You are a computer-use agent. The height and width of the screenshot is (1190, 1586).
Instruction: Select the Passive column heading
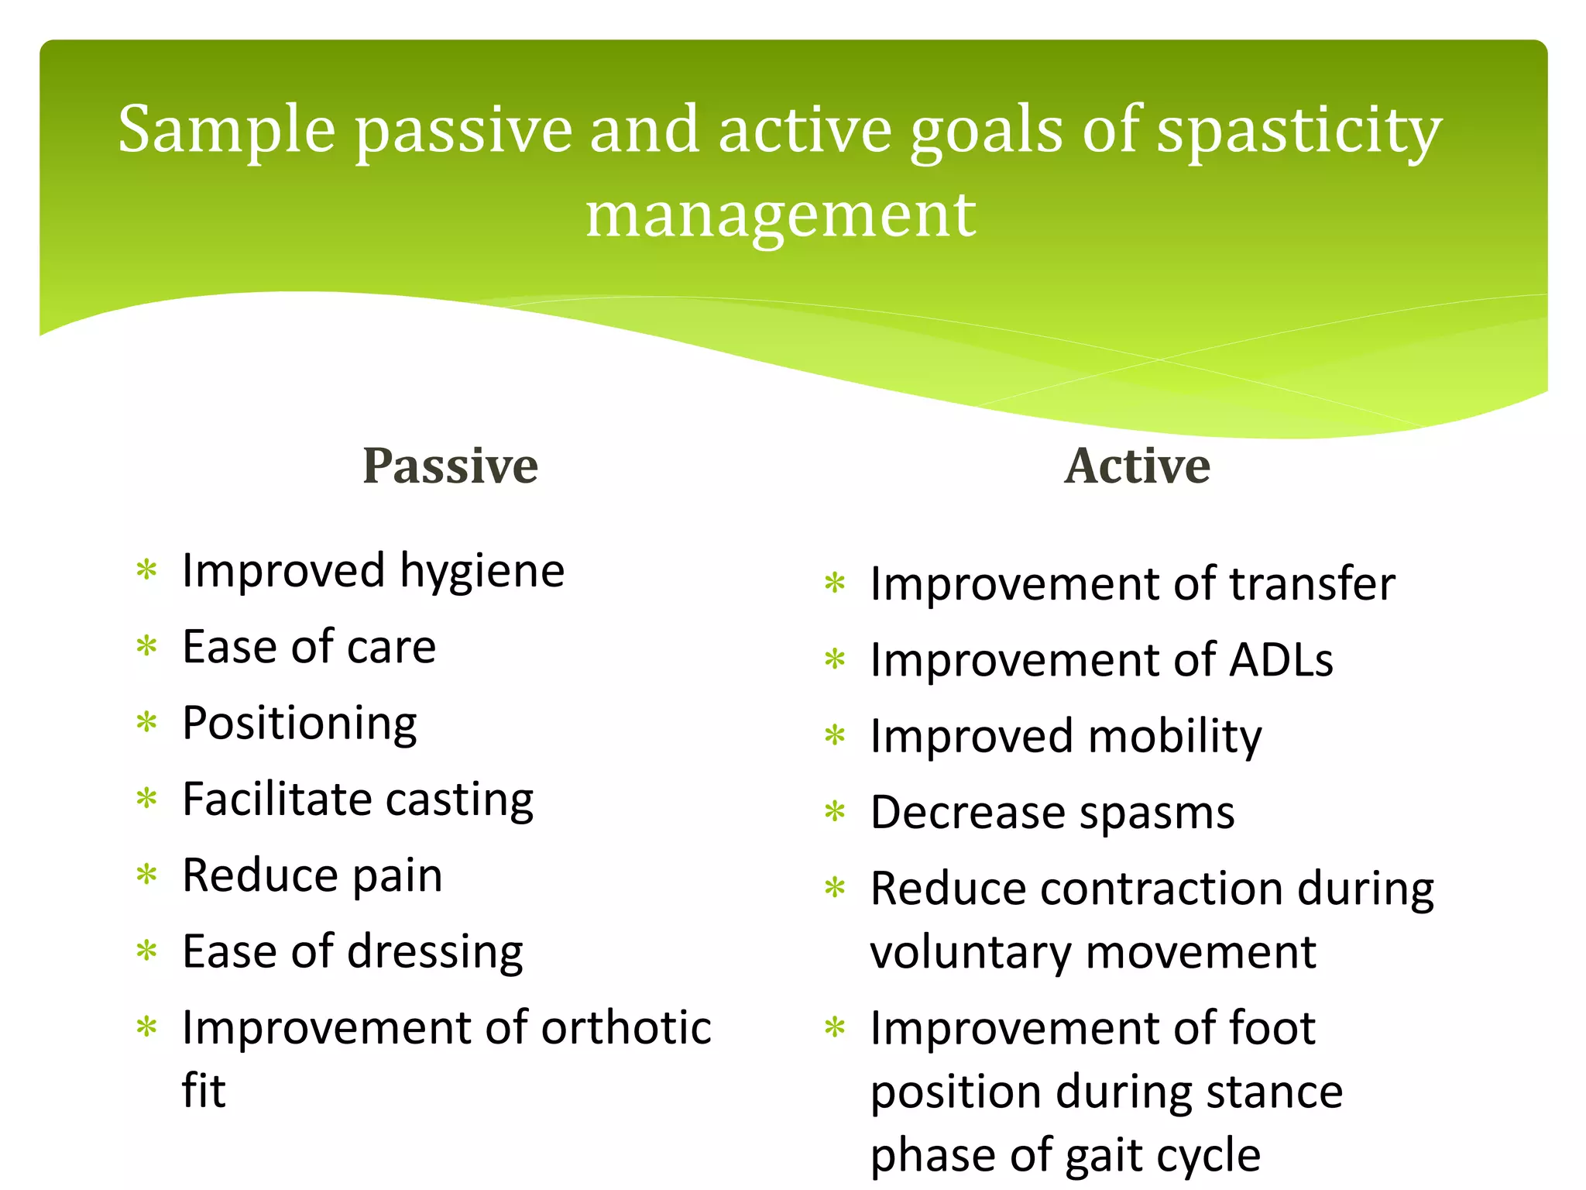(x=450, y=466)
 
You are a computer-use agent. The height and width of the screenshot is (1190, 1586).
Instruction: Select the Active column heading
(x=1137, y=466)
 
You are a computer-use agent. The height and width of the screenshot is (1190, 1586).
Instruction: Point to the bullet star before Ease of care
(x=146, y=646)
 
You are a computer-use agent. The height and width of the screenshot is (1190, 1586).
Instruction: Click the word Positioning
(x=300, y=724)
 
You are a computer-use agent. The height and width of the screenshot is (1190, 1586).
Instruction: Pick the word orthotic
(x=626, y=1028)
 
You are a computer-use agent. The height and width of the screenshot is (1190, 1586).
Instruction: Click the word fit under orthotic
(x=203, y=1091)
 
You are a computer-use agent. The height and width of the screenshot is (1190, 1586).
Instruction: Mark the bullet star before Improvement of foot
(x=835, y=1028)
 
